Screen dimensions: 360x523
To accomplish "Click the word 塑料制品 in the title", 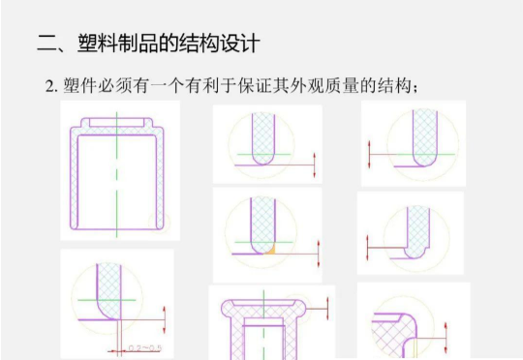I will [115, 45].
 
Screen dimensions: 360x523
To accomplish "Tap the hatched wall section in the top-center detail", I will [261, 135].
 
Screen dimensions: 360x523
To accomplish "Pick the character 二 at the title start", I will [45, 45].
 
